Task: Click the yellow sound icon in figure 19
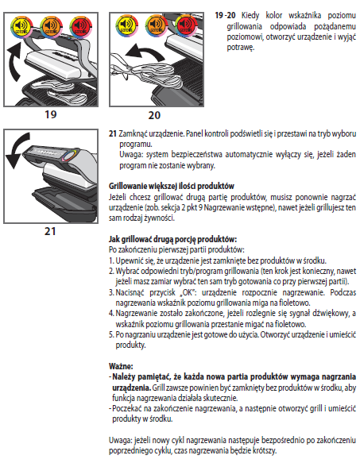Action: pos(22,27)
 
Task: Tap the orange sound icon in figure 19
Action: pos(51,27)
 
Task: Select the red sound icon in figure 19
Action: pos(81,27)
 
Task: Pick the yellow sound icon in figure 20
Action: pos(127,25)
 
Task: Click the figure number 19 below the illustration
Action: pos(51,114)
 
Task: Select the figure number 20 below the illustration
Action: pos(154,115)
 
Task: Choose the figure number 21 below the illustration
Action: pos(50,231)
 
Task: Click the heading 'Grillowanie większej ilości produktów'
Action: pos(172,186)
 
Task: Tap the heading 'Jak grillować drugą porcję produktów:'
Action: pos(173,239)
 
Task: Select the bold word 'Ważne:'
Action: pos(121,366)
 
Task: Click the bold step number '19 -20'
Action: pos(225,15)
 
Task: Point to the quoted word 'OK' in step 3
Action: pos(188,292)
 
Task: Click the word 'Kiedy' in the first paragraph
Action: pos(250,16)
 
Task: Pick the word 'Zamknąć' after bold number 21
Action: pos(132,134)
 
